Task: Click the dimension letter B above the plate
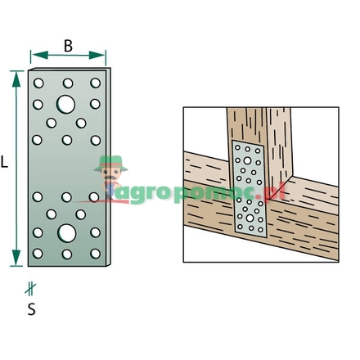[68, 46]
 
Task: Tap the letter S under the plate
[30, 309]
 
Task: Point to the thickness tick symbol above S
[30, 288]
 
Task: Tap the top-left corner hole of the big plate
[38, 83]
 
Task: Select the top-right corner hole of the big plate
[96, 83]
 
